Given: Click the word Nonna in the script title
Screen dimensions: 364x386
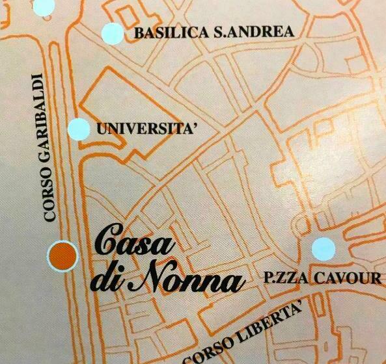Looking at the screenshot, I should (x=189, y=281).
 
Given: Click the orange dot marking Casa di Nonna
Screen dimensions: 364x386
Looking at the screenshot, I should (x=62, y=255).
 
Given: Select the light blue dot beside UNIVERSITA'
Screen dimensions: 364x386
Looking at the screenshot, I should (x=79, y=129).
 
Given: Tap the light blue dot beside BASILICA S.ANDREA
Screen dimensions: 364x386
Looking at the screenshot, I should (x=113, y=32).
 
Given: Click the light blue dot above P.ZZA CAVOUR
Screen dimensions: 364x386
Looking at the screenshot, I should (x=323, y=248).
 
